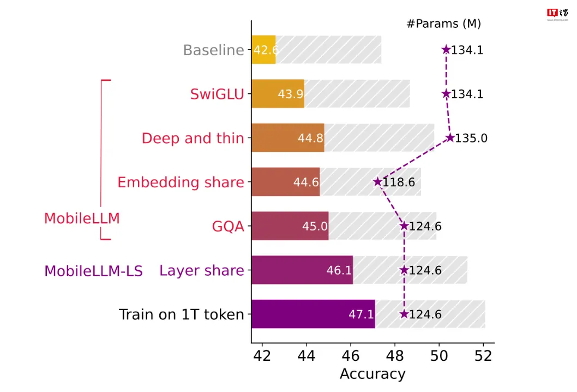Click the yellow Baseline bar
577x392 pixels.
coord(263,50)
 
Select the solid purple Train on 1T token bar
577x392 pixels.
coord(313,314)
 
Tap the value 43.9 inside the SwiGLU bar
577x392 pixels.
coord(290,94)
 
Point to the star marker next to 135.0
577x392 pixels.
coord(450,138)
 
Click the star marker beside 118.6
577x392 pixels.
coord(377,182)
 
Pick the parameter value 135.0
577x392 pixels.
coord(471,138)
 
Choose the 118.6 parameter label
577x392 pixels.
coord(399,182)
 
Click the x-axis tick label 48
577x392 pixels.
coord(395,356)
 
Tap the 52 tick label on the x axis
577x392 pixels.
coord(483,356)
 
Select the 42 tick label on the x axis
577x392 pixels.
coord(262,356)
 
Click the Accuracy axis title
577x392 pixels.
coord(372,374)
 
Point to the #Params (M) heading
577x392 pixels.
coord(443,23)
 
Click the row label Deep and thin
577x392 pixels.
coord(193,138)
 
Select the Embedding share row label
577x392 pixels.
coord(181,182)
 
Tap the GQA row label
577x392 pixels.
coord(228,226)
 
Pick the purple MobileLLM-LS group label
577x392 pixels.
coord(93,271)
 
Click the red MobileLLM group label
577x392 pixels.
coord(82,218)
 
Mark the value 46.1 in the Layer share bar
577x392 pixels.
coord(339,270)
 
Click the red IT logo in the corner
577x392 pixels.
coord(552,13)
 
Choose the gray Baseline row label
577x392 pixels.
coord(213,50)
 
